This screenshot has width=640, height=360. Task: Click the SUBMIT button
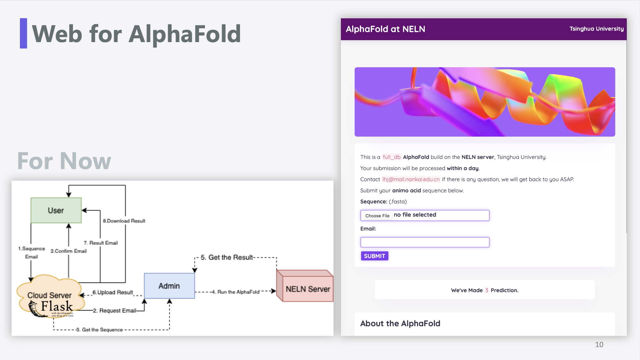click(374, 256)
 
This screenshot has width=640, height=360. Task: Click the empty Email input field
click(425, 242)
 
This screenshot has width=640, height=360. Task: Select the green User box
click(56, 210)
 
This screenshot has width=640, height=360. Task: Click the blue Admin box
click(169, 286)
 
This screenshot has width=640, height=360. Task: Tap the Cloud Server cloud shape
click(50, 295)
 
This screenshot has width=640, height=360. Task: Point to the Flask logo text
click(57, 307)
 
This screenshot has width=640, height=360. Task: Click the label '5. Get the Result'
click(227, 257)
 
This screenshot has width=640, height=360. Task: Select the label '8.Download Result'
click(124, 221)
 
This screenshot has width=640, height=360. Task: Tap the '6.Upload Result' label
click(113, 292)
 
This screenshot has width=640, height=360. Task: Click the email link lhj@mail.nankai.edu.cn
click(411, 179)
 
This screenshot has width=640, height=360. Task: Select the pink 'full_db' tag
click(392, 157)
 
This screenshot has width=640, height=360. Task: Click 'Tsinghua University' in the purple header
click(597, 29)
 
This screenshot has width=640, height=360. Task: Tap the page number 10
click(599, 345)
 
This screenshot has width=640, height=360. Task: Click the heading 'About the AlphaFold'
click(400, 323)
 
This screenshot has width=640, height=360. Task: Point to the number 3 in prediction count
click(487, 290)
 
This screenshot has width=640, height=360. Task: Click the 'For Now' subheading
click(64, 161)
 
